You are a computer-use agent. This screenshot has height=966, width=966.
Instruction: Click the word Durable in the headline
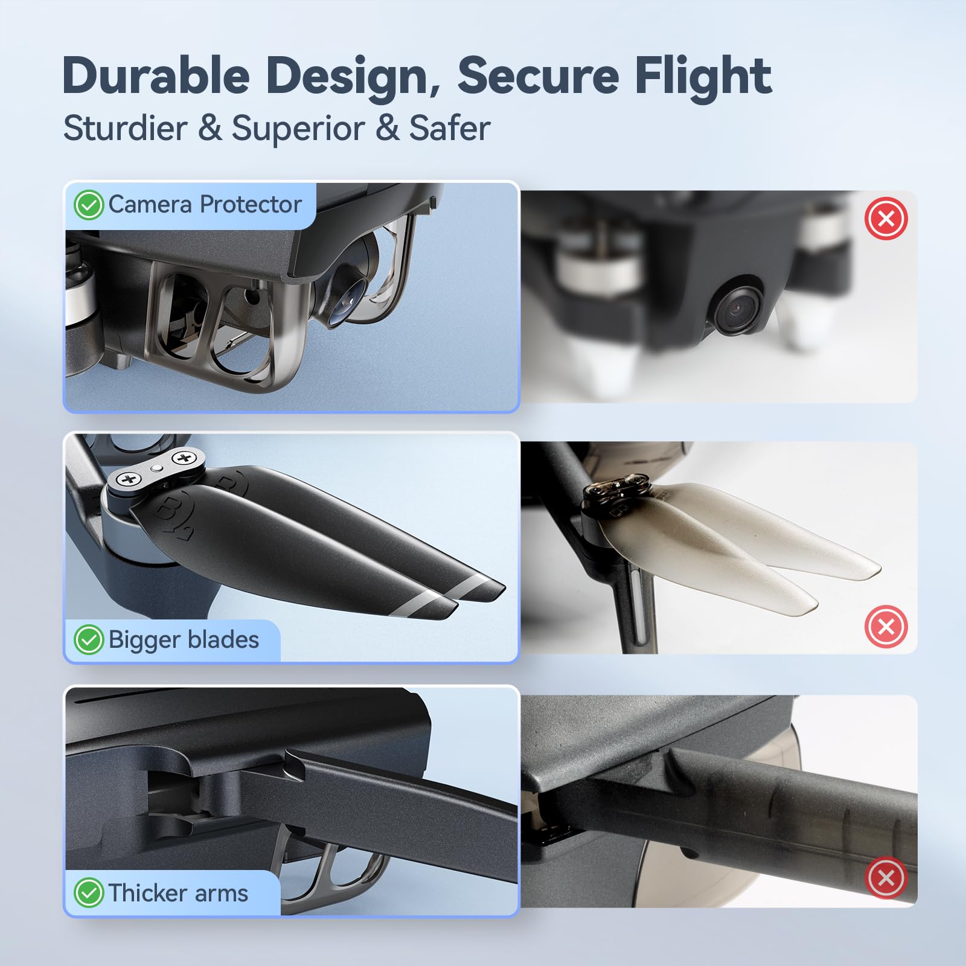pyautogui.click(x=156, y=75)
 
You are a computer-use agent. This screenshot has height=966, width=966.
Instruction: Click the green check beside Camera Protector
pyautogui.click(x=89, y=205)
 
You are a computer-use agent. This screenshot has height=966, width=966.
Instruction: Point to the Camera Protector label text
pyautogui.click(x=205, y=204)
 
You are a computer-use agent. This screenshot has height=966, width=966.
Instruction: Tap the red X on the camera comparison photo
pyautogui.click(x=886, y=218)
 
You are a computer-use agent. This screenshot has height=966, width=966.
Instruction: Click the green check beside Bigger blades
pyautogui.click(x=89, y=639)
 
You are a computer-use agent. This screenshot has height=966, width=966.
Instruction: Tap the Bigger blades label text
pyautogui.click(x=184, y=639)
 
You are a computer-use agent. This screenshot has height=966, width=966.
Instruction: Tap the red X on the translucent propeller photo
pyautogui.click(x=886, y=626)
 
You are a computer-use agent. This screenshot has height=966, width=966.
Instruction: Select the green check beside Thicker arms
pyautogui.click(x=89, y=893)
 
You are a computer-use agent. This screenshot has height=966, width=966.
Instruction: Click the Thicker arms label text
pyautogui.click(x=178, y=893)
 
